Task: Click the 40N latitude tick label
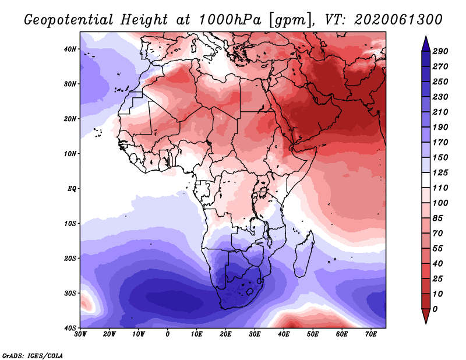(x=70, y=48)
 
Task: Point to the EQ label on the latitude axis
(x=71, y=188)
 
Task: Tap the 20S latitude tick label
(x=70, y=258)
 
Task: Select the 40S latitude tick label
(x=70, y=327)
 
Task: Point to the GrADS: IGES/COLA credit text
(x=33, y=355)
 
